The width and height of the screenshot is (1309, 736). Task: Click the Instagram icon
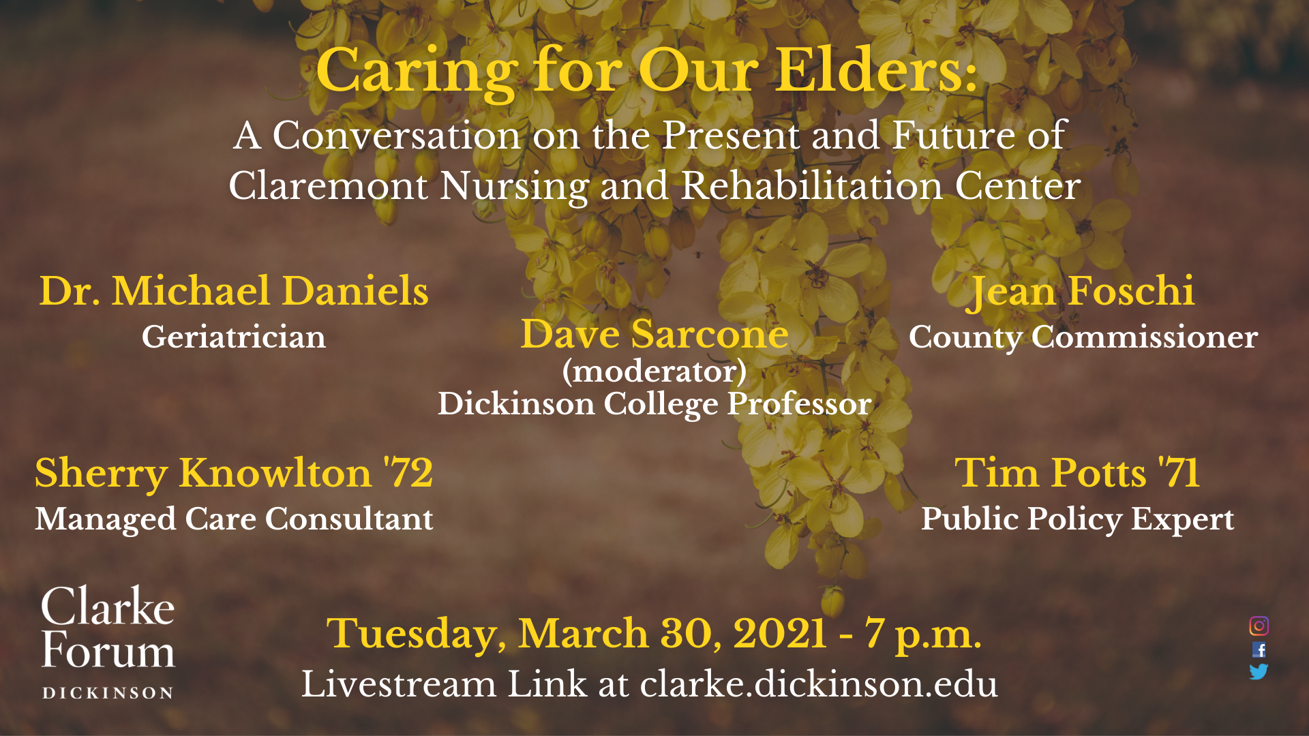tap(1259, 626)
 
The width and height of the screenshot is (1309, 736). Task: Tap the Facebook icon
tap(1259, 649)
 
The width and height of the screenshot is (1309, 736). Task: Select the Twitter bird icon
tap(1259, 672)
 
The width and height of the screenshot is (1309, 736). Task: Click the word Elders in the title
tap(877, 71)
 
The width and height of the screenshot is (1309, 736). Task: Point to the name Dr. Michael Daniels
tap(234, 291)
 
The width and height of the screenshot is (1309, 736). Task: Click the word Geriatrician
tap(234, 337)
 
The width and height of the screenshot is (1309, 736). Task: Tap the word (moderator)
tap(654, 371)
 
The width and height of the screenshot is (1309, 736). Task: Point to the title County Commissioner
tap(1083, 337)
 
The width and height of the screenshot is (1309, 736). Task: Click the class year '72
tap(408, 472)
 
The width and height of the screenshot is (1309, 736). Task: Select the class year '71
tap(1179, 472)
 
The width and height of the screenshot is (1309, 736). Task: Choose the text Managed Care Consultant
tap(234, 519)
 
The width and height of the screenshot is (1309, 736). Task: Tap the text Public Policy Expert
tap(1078, 519)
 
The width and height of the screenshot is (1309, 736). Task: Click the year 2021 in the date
tap(780, 634)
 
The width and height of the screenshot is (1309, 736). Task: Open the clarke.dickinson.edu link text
tap(819, 684)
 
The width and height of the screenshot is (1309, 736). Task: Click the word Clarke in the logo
tap(108, 607)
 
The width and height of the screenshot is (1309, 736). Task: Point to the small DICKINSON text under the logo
tap(108, 693)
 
